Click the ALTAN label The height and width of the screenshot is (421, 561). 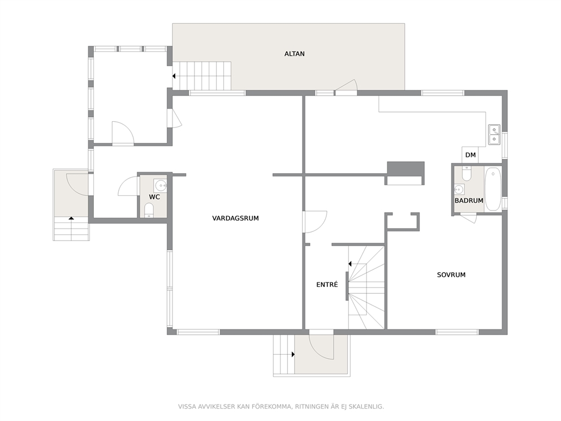[295, 54]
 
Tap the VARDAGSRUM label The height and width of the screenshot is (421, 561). [235, 218]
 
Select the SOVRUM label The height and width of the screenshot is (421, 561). [451, 275]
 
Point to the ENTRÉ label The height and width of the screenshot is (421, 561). [327, 285]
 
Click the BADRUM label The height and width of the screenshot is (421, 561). [469, 200]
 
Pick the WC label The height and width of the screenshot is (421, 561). [154, 197]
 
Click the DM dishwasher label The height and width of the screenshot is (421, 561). [471, 155]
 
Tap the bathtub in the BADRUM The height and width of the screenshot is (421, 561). [493, 189]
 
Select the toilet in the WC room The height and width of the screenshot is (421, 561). [149, 210]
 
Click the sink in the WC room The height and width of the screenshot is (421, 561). [160, 186]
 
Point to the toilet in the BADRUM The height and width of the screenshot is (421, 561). [466, 173]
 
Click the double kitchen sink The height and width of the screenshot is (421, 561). [494, 135]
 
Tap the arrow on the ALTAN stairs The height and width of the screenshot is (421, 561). [174, 76]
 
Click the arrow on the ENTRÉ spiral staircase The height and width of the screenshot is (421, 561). [350, 264]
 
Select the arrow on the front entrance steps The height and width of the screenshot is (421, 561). [293, 354]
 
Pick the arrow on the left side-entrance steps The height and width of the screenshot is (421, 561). [71, 218]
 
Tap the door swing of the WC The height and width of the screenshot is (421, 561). [128, 186]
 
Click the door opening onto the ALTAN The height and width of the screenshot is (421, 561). [346, 87]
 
